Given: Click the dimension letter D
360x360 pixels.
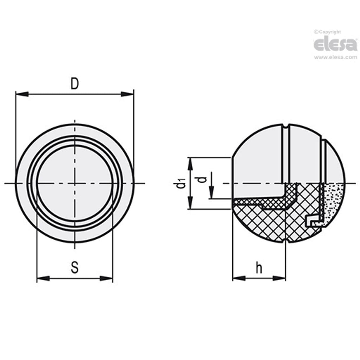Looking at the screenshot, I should click(x=75, y=84).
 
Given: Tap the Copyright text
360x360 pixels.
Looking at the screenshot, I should click(x=327, y=32).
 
